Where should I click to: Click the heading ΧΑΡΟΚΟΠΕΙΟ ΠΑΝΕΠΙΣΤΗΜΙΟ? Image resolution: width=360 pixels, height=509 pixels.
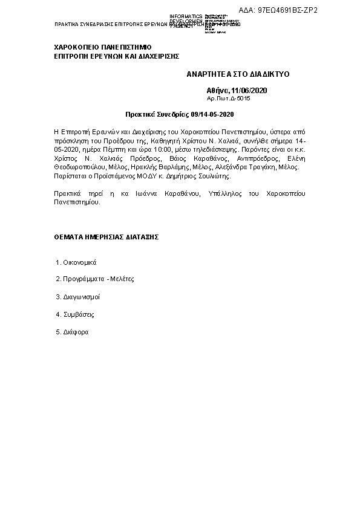(102, 47)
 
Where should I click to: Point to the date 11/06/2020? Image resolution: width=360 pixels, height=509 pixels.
(249, 90)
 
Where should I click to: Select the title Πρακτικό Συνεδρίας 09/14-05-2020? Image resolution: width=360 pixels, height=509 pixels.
(179, 114)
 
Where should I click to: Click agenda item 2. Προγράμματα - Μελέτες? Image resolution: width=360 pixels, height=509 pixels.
(94, 279)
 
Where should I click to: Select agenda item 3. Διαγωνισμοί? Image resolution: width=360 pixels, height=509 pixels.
(77, 297)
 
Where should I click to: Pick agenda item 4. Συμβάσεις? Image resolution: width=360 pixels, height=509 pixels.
(75, 314)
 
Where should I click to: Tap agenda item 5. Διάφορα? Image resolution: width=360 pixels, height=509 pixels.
(72, 332)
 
